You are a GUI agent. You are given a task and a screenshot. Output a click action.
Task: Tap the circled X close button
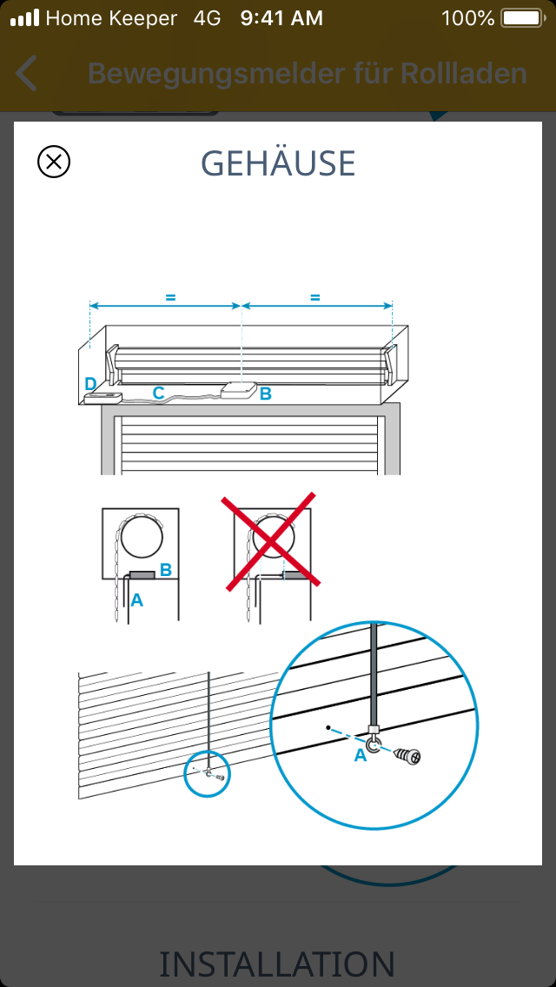54,162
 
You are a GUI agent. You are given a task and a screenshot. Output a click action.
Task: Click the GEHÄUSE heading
278,163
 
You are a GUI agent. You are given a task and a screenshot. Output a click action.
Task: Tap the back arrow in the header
26,73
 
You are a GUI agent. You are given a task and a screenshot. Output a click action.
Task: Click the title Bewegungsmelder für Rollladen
308,74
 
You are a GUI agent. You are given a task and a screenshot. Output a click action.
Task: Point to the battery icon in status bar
523,18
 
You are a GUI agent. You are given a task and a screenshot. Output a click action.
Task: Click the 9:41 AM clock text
281,18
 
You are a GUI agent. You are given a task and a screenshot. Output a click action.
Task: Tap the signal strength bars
24,18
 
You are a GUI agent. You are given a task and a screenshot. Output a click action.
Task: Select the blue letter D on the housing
90,384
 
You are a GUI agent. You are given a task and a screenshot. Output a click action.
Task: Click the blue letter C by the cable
158,393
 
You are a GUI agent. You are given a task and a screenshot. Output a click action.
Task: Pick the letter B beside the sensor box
266,394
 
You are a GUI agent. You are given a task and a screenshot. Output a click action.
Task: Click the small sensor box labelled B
239,389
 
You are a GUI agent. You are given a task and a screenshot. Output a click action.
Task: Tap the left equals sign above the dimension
170,298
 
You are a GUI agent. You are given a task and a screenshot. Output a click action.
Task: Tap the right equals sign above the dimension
314,298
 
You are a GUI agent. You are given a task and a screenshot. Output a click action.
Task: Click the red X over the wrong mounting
271,541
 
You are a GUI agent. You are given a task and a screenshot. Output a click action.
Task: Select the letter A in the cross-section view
136,600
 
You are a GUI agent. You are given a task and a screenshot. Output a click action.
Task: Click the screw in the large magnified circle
407,755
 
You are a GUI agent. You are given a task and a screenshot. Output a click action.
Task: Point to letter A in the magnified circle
361,755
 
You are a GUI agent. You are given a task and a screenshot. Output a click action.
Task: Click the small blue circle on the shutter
207,773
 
